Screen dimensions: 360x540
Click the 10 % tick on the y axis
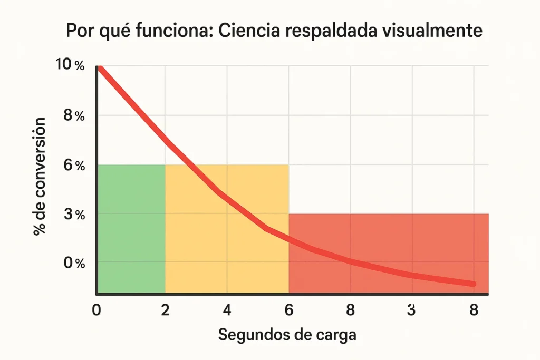pyautogui.click(x=70, y=65)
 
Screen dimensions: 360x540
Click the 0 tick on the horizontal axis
pyautogui.click(x=97, y=310)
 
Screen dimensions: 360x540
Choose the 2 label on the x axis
pyautogui.click(x=165, y=310)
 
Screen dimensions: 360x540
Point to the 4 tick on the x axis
pyautogui.click(x=227, y=310)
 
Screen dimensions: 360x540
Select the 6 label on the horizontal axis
pyautogui.click(x=288, y=310)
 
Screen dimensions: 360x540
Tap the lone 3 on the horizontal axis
pyautogui.click(x=412, y=310)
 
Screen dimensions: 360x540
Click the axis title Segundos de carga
pyautogui.click(x=287, y=335)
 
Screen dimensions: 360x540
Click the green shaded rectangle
pyautogui.click(x=131, y=229)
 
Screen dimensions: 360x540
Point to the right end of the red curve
pyautogui.click(x=472, y=284)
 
